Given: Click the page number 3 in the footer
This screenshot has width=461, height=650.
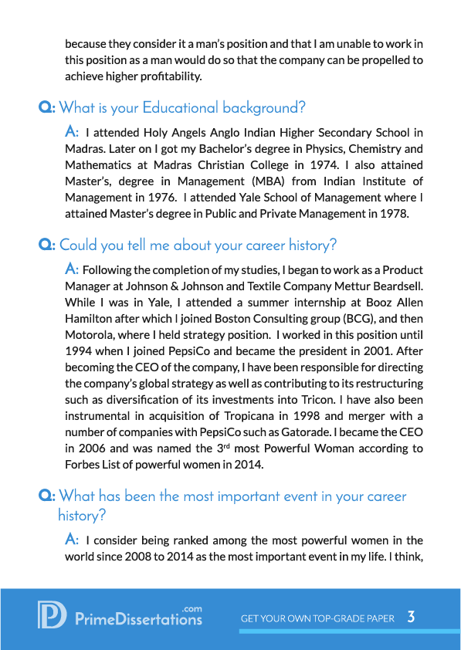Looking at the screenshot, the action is pos(412,617).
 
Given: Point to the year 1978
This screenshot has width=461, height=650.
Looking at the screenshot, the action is pos(393,214).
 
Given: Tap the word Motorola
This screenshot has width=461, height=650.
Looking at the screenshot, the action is pos(88,334).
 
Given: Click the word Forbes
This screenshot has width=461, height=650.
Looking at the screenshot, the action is pos(83,464).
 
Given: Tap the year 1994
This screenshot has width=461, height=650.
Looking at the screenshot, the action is pos(80,350).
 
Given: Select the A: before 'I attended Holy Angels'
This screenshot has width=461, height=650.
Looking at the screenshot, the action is pos(72,132).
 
